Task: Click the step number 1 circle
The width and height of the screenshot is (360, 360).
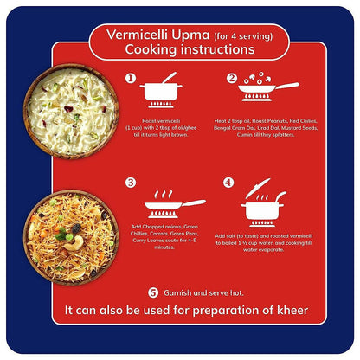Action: (131, 79)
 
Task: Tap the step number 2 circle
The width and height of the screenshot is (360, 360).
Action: (232, 79)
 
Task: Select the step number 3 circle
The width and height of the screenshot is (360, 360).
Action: (131, 183)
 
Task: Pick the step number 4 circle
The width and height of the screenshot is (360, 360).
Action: (228, 183)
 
